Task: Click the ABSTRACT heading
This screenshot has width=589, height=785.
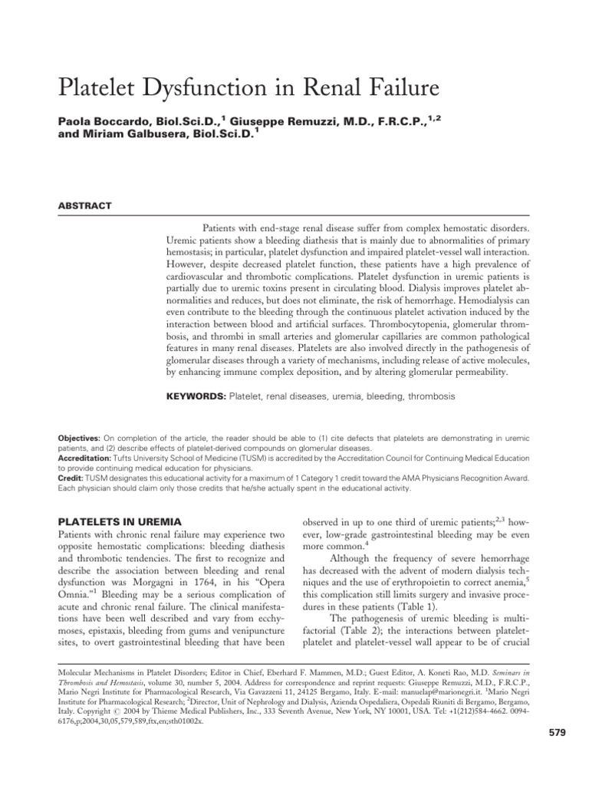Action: click(85, 205)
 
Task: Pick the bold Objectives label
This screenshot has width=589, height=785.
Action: click(79, 436)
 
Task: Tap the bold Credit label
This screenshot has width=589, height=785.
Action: click(71, 478)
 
